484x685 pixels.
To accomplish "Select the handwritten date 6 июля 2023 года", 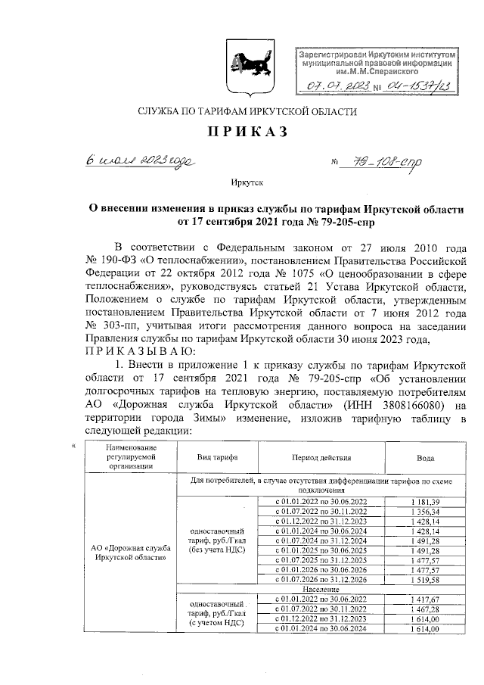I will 139,161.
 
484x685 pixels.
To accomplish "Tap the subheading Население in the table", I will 321,590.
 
